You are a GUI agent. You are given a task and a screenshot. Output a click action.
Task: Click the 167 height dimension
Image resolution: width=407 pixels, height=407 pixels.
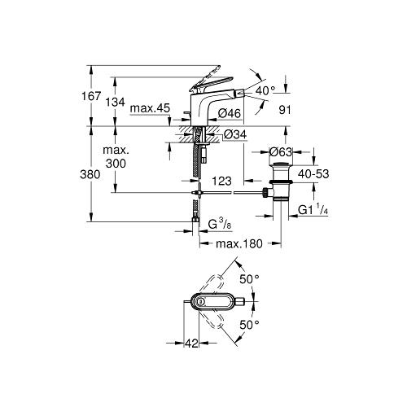(91, 96)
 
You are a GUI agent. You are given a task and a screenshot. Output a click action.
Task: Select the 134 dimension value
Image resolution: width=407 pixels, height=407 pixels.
(116, 103)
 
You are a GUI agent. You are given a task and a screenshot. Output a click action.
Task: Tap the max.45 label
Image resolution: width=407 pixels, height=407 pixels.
(150, 108)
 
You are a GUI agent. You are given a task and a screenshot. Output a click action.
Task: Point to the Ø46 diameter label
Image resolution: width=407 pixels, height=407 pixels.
(230, 113)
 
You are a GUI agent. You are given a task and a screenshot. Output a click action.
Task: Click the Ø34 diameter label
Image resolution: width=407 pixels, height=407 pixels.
(235, 134)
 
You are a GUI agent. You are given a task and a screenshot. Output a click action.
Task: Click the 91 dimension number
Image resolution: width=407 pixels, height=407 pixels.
(285, 110)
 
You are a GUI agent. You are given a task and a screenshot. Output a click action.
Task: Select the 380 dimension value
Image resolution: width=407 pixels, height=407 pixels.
(90, 174)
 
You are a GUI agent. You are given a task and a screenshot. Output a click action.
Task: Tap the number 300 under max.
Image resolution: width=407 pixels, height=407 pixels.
(116, 164)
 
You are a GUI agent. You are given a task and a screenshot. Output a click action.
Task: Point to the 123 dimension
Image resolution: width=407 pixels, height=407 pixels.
(221, 181)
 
